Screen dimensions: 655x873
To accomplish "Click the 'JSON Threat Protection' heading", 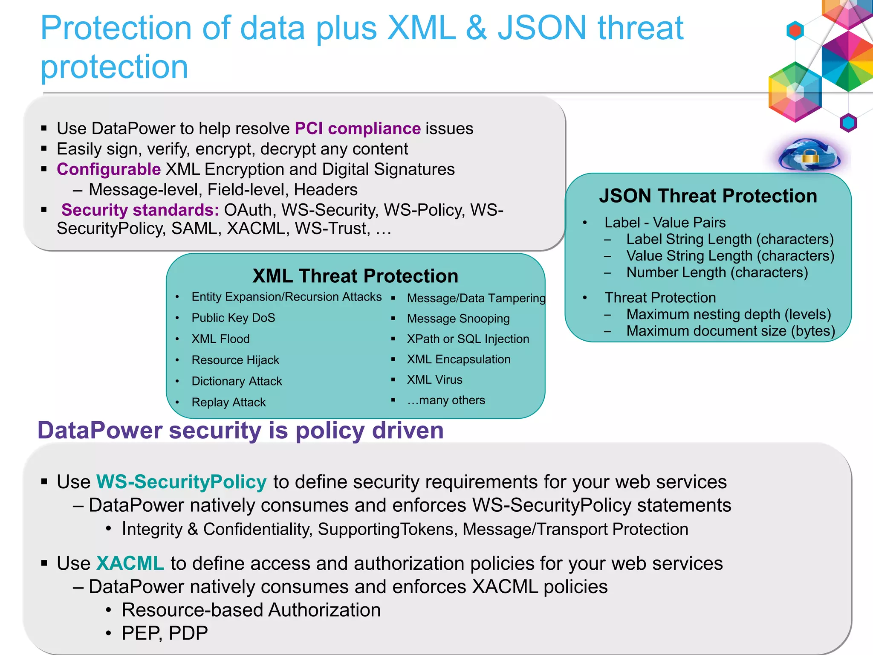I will [x=708, y=196].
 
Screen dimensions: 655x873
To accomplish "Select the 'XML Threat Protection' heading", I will [x=355, y=276].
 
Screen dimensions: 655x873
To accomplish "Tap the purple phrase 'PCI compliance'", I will [x=358, y=128].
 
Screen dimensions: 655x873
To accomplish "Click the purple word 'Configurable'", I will [x=109, y=169].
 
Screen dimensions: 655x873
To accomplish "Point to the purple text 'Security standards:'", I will [x=140, y=210].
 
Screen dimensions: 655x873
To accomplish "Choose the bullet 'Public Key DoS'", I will [x=233, y=318].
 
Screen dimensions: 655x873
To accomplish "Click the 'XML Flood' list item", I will [x=220, y=339].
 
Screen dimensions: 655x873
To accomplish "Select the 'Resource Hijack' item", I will [x=235, y=360].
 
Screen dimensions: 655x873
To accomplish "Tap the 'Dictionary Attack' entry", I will [x=237, y=381].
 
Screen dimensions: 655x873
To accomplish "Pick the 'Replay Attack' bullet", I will [x=228, y=402].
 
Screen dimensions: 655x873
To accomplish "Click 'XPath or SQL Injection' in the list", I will [x=468, y=339].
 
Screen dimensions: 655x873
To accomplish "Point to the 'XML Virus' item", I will [x=434, y=380].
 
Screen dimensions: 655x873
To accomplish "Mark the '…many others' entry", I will [x=446, y=400].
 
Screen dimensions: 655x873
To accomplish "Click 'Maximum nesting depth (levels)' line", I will [x=728, y=314].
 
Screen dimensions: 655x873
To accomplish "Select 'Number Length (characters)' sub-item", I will [x=717, y=272].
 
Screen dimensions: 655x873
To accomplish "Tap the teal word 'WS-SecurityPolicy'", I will [x=182, y=482].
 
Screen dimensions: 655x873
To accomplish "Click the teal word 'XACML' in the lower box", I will [x=130, y=563].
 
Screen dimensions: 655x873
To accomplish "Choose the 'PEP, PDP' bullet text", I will [x=165, y=633].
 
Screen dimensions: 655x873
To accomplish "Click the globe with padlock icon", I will [x=809, y=155].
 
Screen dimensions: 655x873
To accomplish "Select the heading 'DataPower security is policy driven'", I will [x=241, y=430].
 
